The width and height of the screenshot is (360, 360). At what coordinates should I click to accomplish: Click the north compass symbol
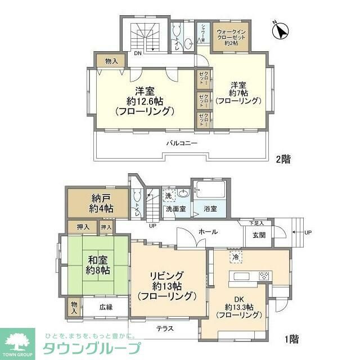point(280,30)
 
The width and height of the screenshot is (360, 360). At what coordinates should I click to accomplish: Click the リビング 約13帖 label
point(166,285)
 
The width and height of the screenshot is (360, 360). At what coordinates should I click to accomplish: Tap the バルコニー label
point(181,143)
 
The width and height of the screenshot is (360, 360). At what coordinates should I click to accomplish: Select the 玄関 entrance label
point(259,236)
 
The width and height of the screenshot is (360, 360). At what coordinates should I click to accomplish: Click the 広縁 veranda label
point(106,307)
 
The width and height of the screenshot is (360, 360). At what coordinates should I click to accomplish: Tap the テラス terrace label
point(165,328)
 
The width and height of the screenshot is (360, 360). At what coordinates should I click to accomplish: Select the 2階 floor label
point(283,159)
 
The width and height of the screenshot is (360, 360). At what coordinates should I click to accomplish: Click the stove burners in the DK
point(264,276)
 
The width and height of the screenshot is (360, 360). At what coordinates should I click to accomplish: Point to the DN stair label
point(137,54)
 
